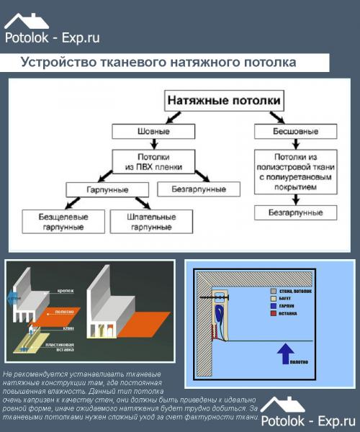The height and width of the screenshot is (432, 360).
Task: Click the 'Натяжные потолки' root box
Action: coord(224,99)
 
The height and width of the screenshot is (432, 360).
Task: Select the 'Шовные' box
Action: coord(153,131)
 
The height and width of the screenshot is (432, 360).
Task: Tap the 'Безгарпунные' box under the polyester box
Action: coord(295,212)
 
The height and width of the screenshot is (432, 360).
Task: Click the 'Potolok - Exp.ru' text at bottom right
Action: coord(309,420)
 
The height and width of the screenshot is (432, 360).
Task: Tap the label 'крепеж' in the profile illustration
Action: coord(66,292)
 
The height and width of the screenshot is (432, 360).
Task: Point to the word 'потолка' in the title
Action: coord(267,63)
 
